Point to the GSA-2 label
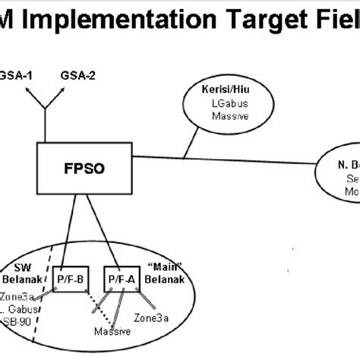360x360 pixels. (77, 75)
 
